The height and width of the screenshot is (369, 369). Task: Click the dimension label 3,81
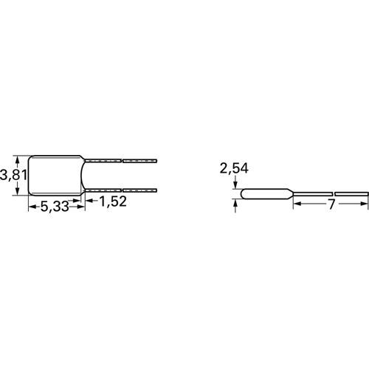(x=13, y=176)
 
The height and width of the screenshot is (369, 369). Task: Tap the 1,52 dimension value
(x=113, y=201)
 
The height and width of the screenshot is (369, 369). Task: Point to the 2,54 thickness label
(x=234, y=168)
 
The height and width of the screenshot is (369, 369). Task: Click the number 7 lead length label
(x=332, y=204)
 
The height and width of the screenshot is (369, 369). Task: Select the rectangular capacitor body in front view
(x=55, y=176)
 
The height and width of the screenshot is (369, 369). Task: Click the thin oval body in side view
(x=266, y=193)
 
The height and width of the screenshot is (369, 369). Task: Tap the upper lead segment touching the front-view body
(x=103, y=161)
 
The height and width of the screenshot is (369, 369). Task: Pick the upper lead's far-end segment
(x=139, y=161)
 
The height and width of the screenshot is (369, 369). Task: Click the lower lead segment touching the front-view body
(x=103, y=190)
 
